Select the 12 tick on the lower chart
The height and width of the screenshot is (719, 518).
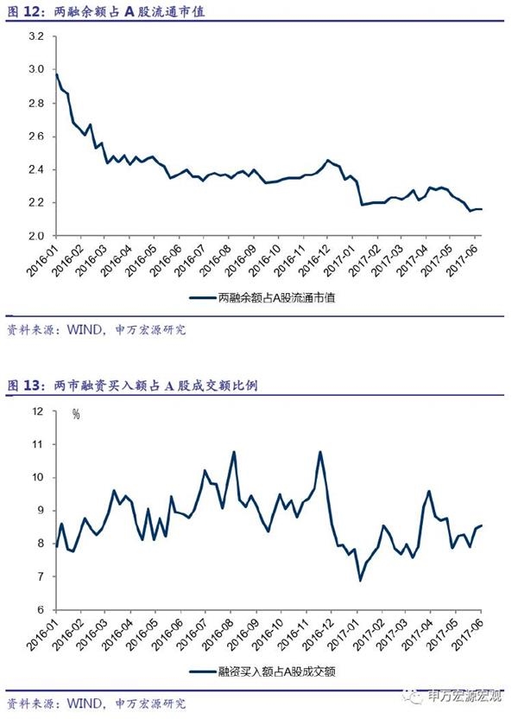pyautogui.click(x=37, y=411)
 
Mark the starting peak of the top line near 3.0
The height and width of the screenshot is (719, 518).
pyautogui.click(x=55, y=73)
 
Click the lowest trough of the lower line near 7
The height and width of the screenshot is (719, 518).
pyautogui.click(x=360, y=580)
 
